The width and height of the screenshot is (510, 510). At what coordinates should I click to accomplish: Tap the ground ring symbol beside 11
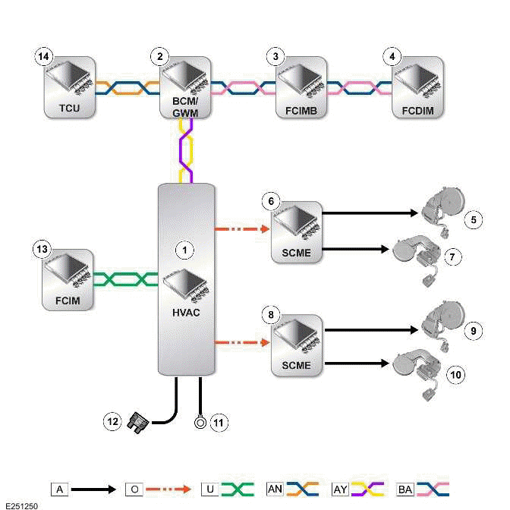pyautogui.click(x=200, y=420)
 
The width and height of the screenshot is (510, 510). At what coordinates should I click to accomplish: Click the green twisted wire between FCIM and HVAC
pyautogui.click(x=126, y=279)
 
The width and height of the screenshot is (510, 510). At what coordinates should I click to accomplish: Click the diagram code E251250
pyautogui.click(x=20, y=503)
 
